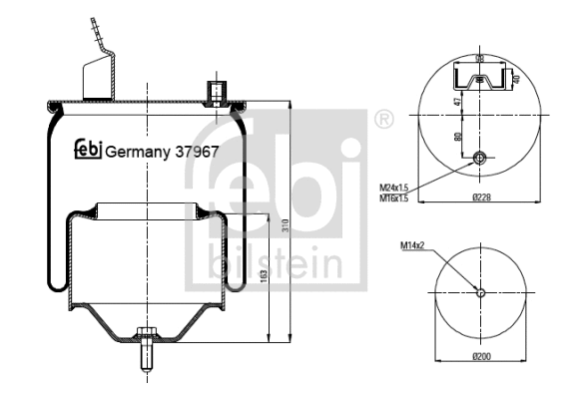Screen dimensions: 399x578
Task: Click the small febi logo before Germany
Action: coord(87,151)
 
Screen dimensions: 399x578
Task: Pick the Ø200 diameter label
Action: coord(480,356)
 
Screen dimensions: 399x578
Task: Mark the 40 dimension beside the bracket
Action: coord(516,79)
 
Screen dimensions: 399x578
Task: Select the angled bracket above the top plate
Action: coord(98,70)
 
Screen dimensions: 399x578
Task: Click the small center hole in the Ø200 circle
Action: coord(480,292)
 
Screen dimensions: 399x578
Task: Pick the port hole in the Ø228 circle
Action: coord(480,159)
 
